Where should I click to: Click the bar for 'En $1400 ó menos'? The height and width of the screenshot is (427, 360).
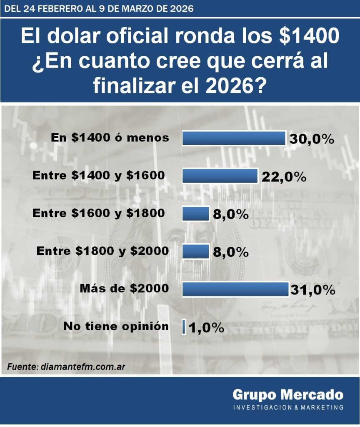coord(234,138)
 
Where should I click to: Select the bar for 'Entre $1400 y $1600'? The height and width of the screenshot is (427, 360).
coord(220,176)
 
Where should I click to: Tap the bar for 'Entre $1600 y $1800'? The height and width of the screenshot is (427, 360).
coord(196,213)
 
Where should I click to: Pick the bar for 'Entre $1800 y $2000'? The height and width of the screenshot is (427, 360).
coord(196,251)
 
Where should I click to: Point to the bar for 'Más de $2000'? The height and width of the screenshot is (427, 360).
coord(235,289)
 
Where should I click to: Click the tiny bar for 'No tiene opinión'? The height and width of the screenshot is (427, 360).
coord(184,327)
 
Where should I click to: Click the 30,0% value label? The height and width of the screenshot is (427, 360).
coord(312,139)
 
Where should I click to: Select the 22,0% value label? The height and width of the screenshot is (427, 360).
coord(284,177)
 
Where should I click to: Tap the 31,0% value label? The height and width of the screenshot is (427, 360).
coord(313,290)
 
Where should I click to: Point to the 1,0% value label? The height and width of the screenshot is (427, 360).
coord(206,328)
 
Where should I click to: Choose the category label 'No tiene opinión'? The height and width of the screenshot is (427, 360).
coord(116,327)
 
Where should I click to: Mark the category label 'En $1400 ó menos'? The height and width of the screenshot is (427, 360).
coord(110,138)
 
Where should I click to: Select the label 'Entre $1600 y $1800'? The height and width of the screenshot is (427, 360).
coord(98,213)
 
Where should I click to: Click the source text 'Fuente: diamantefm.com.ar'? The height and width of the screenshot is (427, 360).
coord(66,367)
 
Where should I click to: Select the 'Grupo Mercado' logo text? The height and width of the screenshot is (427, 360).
coord(288,394)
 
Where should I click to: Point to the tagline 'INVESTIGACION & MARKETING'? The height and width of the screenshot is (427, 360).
coord(288,407)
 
